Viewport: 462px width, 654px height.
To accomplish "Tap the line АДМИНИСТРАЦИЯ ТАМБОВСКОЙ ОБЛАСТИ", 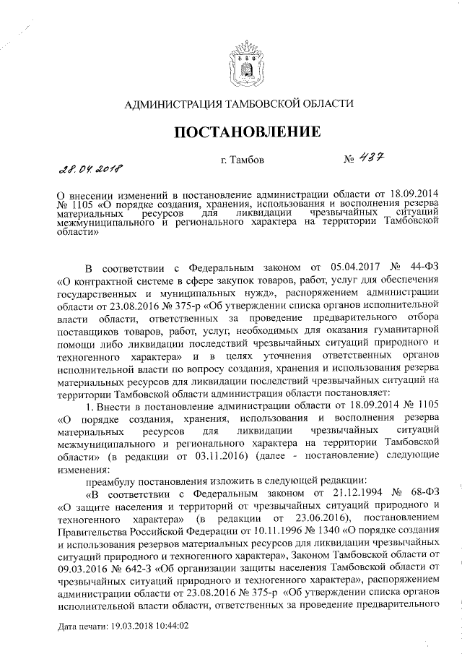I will click(240, 103).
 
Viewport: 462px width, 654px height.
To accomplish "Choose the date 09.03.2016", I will click(82, 569).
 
